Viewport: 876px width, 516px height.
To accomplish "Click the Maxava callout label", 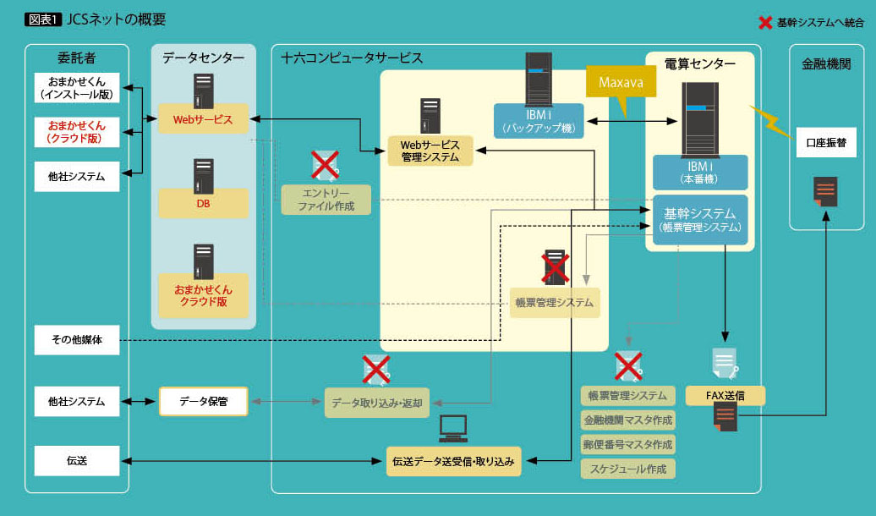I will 621,83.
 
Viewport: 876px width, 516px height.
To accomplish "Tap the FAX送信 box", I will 724,395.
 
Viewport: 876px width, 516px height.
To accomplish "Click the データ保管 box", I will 203,401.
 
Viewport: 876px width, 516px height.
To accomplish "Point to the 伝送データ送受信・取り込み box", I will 453,462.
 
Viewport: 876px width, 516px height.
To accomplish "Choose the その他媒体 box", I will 77,341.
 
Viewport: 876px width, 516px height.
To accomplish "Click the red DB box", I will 203,204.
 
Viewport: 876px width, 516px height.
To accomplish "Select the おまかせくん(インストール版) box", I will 77,88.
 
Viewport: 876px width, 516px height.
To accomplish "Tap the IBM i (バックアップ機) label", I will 539,121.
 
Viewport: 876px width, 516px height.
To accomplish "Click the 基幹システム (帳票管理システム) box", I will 700,220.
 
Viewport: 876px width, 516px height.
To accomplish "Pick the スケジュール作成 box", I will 627,468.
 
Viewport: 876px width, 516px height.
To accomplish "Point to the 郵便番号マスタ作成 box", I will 627,444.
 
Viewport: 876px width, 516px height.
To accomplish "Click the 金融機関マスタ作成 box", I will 627,420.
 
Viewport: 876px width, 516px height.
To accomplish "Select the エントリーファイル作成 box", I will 326,200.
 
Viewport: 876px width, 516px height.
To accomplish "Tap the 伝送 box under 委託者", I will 77,461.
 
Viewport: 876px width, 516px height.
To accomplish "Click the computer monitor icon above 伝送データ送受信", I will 453,429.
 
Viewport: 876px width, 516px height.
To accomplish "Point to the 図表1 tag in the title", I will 42,19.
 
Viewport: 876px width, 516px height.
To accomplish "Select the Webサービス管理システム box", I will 430,151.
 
